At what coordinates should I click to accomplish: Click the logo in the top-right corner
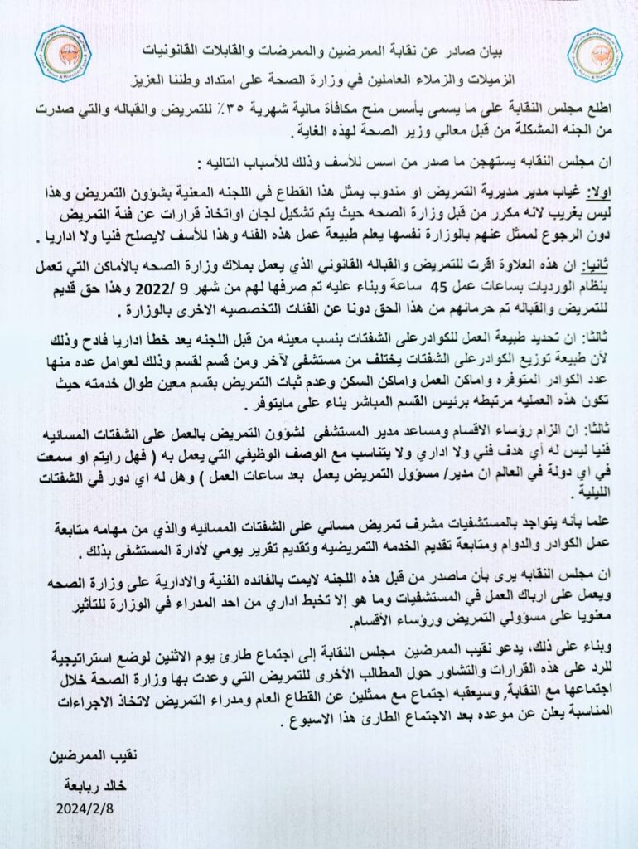coord(594,54)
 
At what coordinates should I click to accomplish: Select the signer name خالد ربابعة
coord(89,784)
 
